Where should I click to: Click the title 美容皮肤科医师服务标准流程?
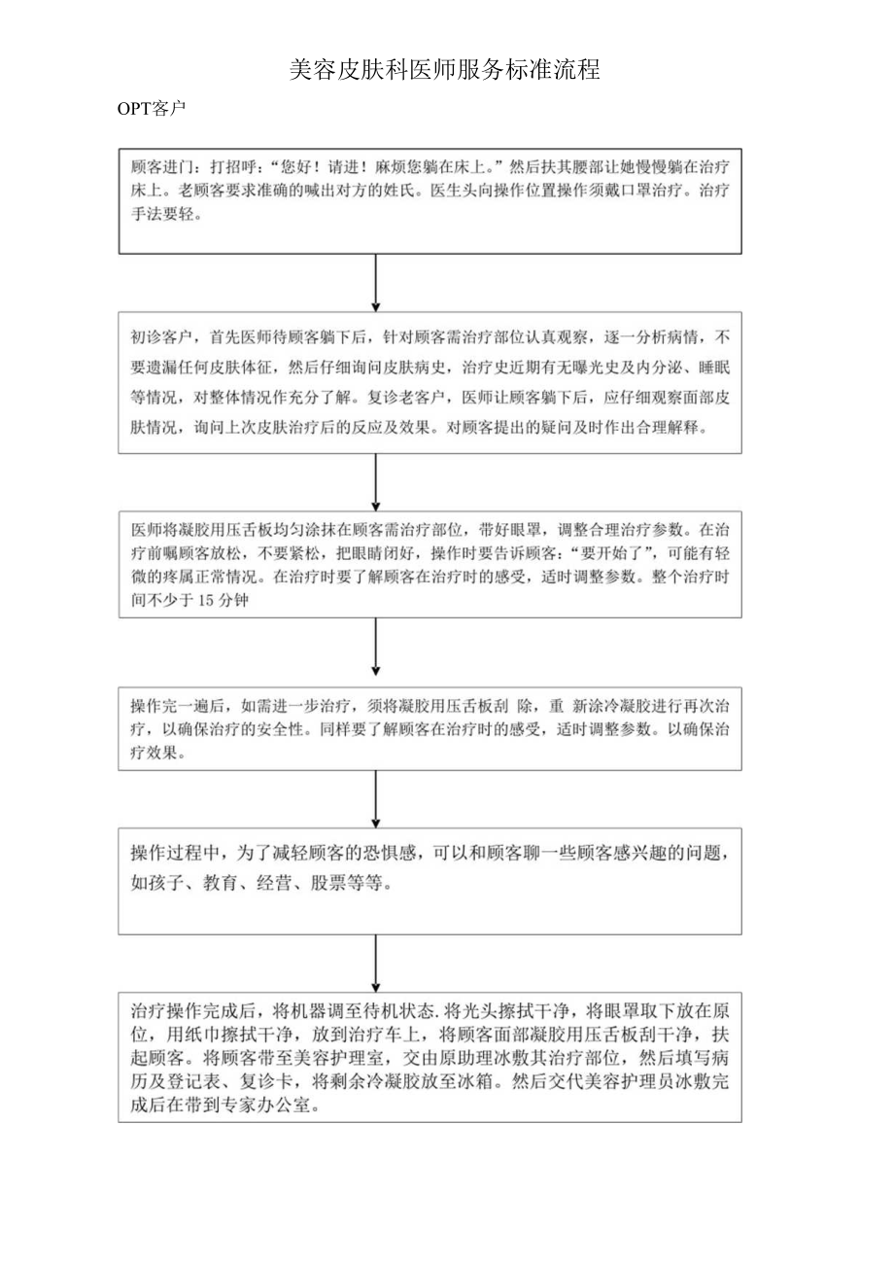pos(445,69)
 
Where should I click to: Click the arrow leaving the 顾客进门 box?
pos(376,283)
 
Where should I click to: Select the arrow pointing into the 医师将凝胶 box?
pos(376,481)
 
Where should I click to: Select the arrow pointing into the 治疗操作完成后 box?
pos(376,964)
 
